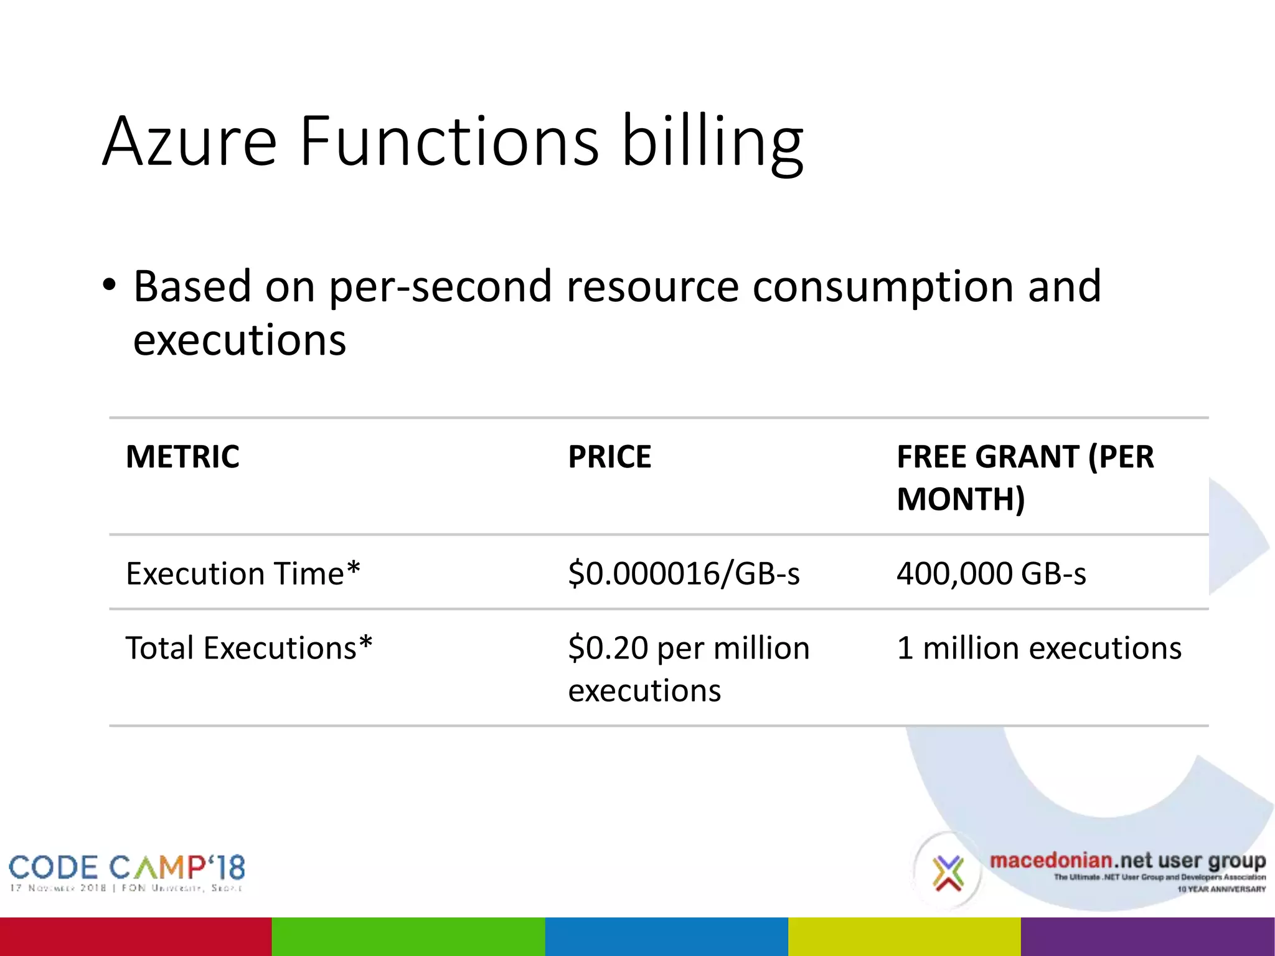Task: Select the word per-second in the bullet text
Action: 440,288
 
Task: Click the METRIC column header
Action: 182,457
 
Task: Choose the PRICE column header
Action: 609,457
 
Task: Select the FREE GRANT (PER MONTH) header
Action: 1025,477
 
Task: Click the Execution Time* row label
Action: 243,573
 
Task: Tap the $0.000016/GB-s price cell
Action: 684,573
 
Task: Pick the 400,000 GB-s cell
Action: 991,573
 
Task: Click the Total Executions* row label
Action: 249,648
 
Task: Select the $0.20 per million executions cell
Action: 688,669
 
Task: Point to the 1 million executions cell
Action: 1038,648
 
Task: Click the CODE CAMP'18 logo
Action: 126,871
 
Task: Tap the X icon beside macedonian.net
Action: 948,873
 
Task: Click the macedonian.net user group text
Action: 1127,861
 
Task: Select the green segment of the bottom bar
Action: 408,936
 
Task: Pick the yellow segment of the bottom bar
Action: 904,936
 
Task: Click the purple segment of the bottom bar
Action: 1147,936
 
